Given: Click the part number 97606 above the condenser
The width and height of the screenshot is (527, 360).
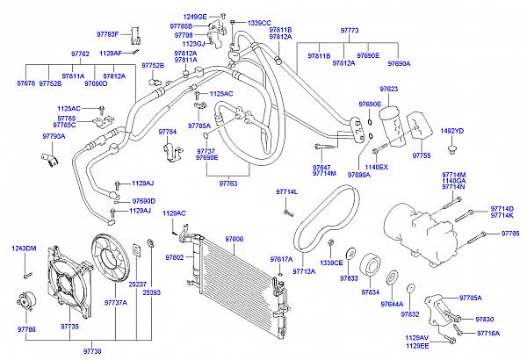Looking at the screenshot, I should click(x=235, y=239).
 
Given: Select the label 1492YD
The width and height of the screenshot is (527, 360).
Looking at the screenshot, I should click(x=451, y=131).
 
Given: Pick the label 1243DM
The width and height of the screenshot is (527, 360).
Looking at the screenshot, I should click(x=25, y=248).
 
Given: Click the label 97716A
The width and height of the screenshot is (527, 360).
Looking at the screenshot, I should click(x=488, y=333).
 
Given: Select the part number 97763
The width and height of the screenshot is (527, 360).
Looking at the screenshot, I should click(x=228, y=184).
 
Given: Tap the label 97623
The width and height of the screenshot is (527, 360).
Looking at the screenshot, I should click(x=389, y=89).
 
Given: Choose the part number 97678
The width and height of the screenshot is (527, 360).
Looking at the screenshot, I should click(x=25, y=83).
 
